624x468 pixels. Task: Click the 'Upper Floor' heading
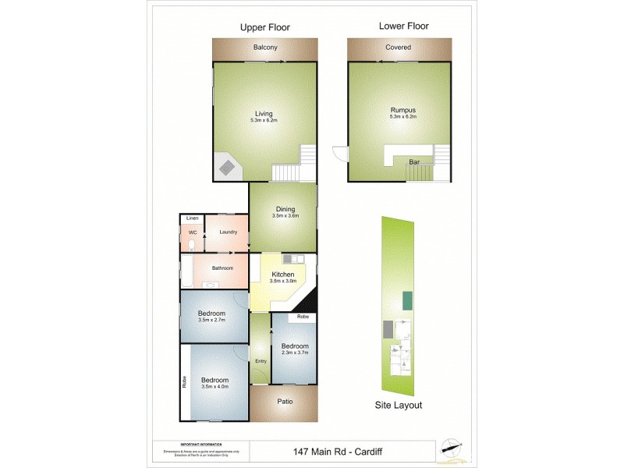[264, 27]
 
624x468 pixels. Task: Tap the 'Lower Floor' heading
[403, 27]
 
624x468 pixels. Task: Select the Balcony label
[265, 48]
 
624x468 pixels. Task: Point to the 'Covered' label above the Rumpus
[398, 48]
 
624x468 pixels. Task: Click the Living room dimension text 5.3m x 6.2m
[264, 121]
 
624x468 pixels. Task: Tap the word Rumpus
[399, 111]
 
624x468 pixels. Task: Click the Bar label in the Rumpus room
[413, 162]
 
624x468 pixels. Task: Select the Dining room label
[285, 208]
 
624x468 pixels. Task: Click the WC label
[192, 232]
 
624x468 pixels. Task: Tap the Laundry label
[228, 232]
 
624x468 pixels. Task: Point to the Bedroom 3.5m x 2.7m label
[212, 314]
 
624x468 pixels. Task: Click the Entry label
[261, 360]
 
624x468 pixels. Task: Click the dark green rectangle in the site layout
[407, 300]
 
